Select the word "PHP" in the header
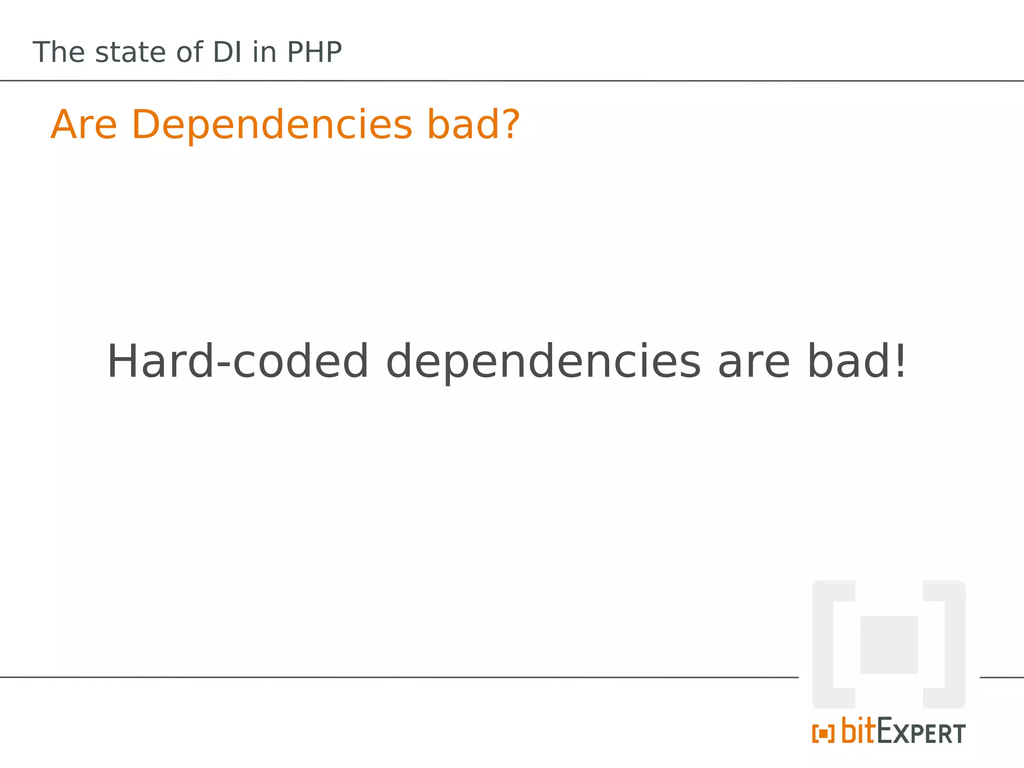coord(314,52)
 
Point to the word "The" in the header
coord(59,52)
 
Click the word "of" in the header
coord(189,52)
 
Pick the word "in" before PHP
coord(264,52)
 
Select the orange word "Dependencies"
coord(272,125)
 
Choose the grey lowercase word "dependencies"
coord(543,362)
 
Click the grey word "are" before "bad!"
coord(754,362)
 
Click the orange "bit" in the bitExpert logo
coord(859,731)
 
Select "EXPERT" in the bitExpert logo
coord(921,733)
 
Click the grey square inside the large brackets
coord(889,644)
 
